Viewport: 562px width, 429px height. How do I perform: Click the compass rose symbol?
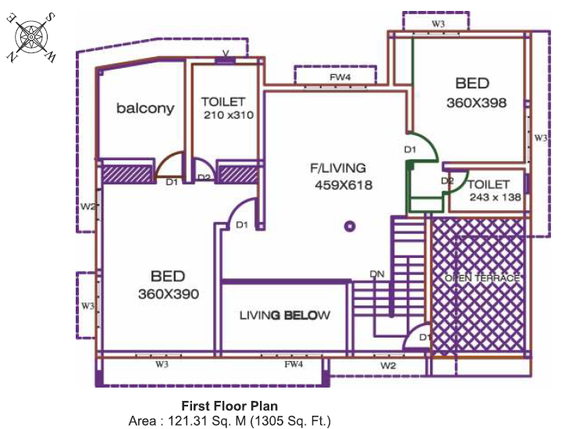coord(31,38)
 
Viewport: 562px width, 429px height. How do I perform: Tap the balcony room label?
coord(145,108)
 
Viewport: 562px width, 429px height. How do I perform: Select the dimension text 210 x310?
coord(228,115)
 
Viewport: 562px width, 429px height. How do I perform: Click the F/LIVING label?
coord(338,168)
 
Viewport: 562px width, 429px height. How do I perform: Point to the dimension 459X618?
coord(343,185)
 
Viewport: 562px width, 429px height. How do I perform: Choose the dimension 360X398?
coord(476,103)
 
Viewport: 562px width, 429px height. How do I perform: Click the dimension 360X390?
coord(169,294)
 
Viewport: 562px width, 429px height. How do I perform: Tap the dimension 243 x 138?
coord(496,197)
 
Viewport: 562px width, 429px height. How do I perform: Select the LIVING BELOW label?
coord(285,315)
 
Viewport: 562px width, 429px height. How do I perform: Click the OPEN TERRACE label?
coord(482,278)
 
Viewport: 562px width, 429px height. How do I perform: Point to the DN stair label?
coord(377,274)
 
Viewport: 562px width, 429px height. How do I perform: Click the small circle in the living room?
coord(350,227)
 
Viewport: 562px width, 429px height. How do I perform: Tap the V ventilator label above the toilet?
coord(226,53)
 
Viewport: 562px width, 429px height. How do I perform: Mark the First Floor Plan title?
coord(229,406)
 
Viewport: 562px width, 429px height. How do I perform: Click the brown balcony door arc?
coord(166,159)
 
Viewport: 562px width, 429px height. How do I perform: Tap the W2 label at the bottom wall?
coord(388,366)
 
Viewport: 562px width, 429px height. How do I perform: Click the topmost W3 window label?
coord(438,24)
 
